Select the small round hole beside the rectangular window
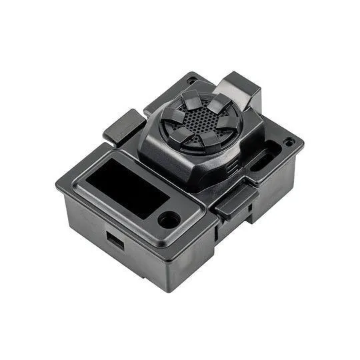coord(169,219)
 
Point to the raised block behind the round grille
coord(240,90)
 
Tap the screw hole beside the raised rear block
coord(193,81)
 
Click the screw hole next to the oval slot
coord(289,143)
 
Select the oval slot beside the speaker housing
coord(261,160)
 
